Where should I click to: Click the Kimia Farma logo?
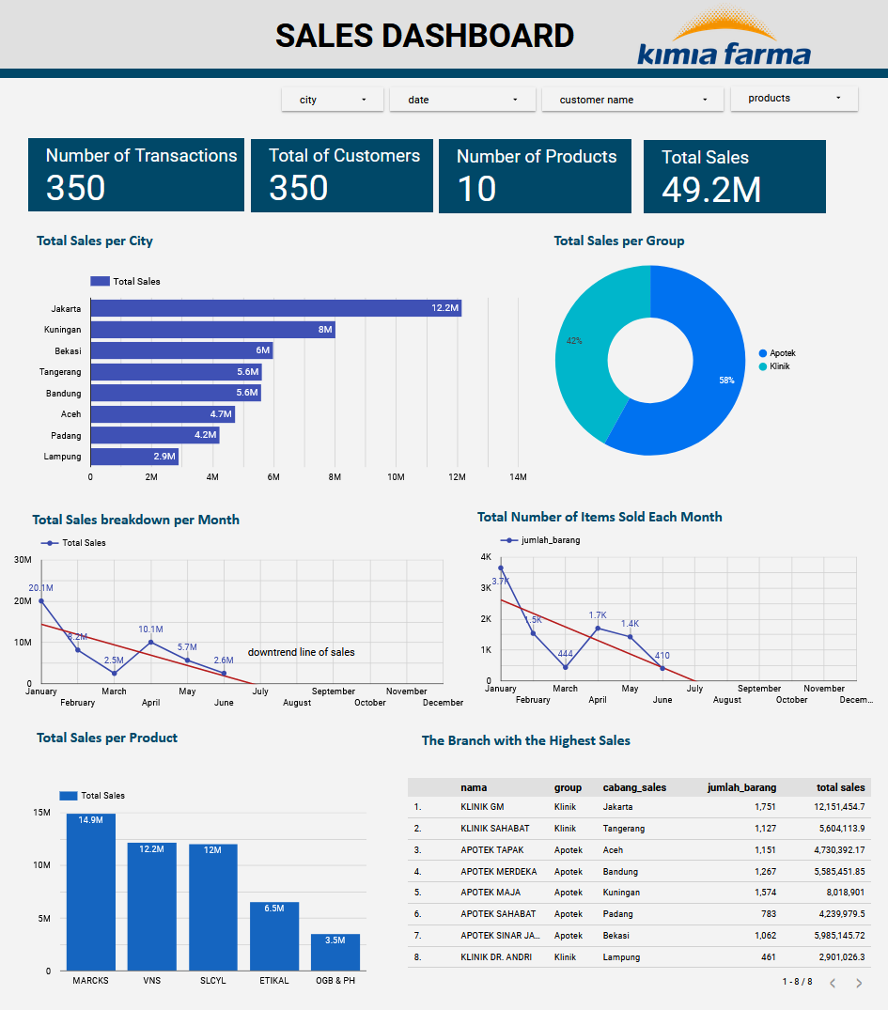pyautogui.click(x=724, y=42)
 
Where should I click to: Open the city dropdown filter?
pyautogui.click(x=333, y=100)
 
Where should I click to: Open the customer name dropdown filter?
pyautogui.click(x=631, y=100)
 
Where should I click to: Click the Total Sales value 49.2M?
pyautogui.click(x=711, y=190)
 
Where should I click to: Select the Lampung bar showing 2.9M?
pyautogui.click(x=133, y=457)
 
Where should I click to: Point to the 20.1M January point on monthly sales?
pyautogui.click(x=40, y=600)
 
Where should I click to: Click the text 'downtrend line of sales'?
pyautogui.click(x=301, y=652)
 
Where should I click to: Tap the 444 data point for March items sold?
pyautogui.click(x=566, y=667)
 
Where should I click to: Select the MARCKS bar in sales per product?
pyautogui.click(x=90, y=893)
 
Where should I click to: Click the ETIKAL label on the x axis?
pyautogui.click(x=274, y=981)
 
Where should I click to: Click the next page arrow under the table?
pyautogui.click(x=858, y=983)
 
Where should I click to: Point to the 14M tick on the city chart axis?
pyautogui.click(x=518, y=477)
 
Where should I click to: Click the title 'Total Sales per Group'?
pyautogui.click(x=618, y=241)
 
